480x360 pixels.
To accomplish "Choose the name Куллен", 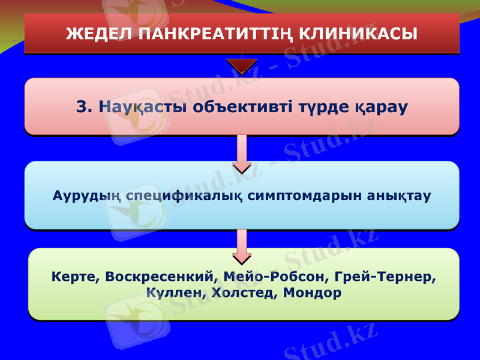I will click(175, 293).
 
